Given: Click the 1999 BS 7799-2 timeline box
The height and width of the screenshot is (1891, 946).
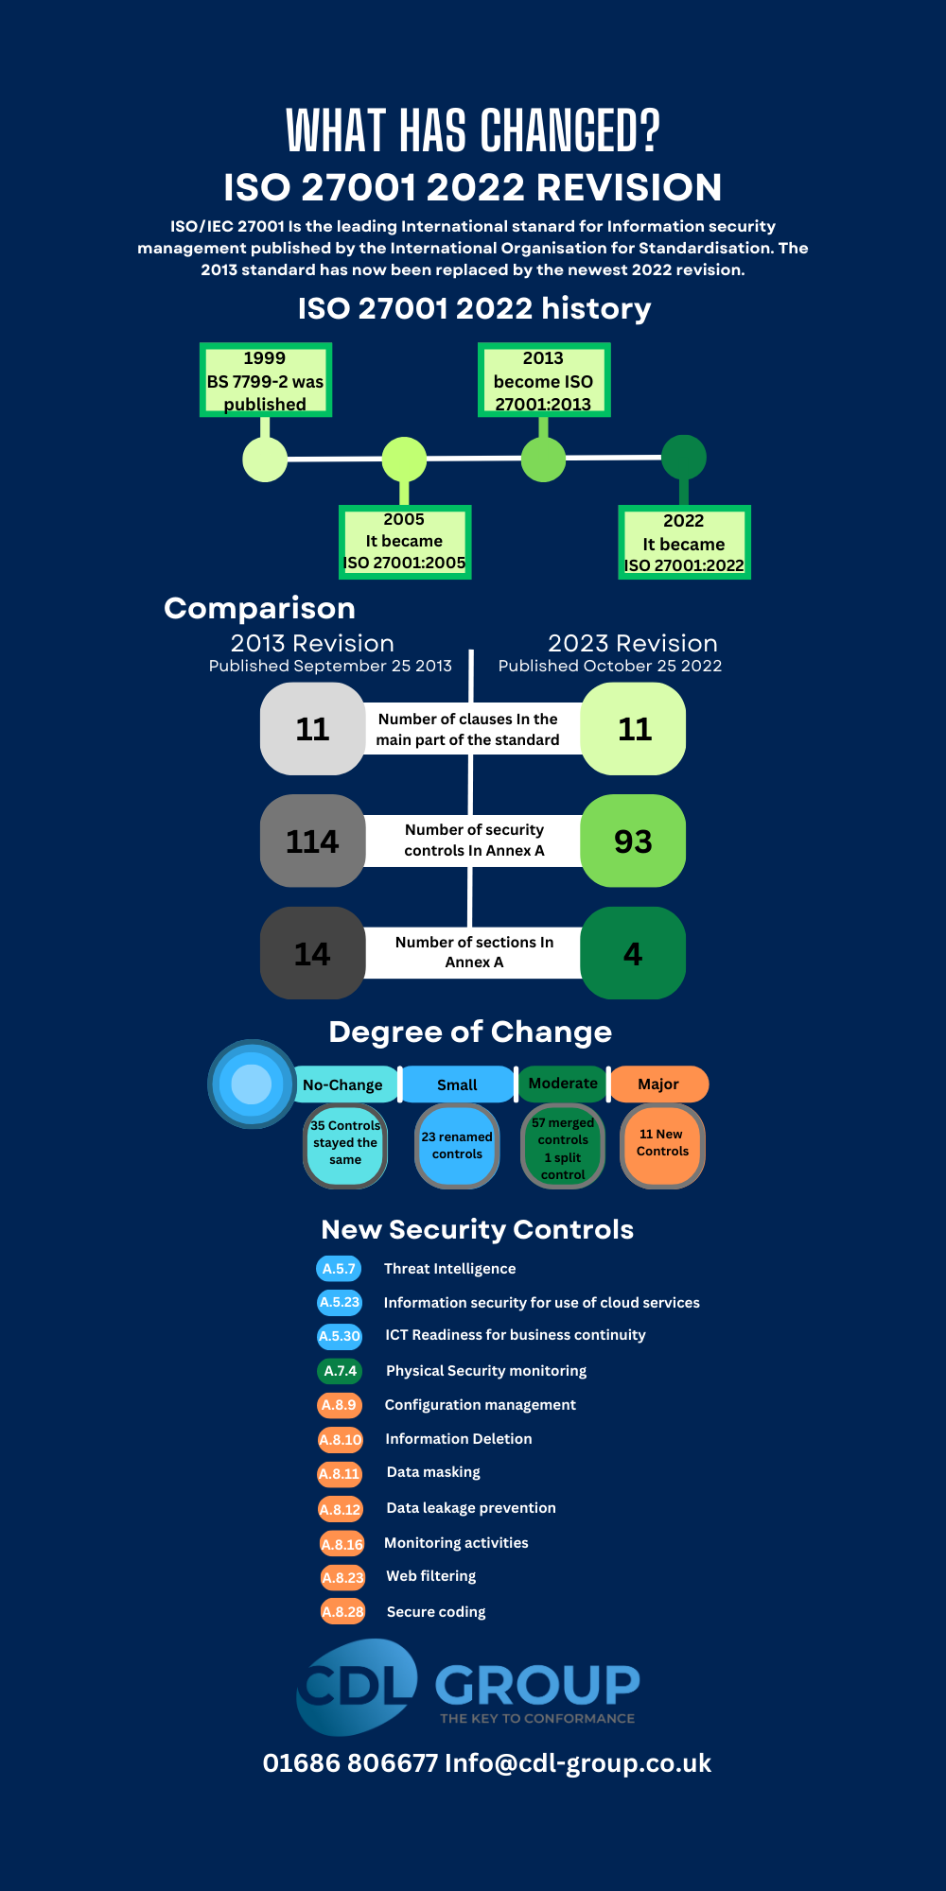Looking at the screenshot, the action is click(266, 380).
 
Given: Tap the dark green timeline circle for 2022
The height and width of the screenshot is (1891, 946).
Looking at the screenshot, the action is click(684, 458).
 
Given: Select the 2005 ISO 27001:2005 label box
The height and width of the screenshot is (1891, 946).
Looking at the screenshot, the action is click(405, 542).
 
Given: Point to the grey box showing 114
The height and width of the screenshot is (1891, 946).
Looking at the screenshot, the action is click(312, 841).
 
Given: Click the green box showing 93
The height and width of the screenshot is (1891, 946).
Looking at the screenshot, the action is click(633, 841).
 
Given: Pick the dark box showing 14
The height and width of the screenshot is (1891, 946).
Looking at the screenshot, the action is click(312, 953).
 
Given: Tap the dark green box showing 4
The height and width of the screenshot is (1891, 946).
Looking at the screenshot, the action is click(633, 953).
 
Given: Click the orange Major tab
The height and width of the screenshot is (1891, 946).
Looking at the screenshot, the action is click(659, 1084).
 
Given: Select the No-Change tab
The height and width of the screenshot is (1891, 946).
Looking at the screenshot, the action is click(343, 1084).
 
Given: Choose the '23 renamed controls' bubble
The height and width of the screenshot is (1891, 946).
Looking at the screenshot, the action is click(457, 1146).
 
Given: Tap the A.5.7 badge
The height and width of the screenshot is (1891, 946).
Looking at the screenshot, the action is click(339, 1269).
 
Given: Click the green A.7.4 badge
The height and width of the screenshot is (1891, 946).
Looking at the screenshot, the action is click(340, 1371).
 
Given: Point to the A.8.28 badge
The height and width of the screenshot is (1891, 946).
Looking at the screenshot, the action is click(342, 1612).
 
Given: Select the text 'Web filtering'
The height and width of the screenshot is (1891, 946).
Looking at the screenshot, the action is click(431, 1576).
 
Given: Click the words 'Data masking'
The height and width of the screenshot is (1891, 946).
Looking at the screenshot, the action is click(433, 1472).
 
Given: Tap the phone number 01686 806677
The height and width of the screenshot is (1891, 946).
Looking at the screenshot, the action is click(351, 1763).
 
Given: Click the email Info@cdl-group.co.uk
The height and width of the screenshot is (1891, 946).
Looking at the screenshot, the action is click(578, 1763).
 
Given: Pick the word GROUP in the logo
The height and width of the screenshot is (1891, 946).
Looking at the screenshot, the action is click(537, 1685).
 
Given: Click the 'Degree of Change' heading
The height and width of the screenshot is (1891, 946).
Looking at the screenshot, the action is click(470, 1032).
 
